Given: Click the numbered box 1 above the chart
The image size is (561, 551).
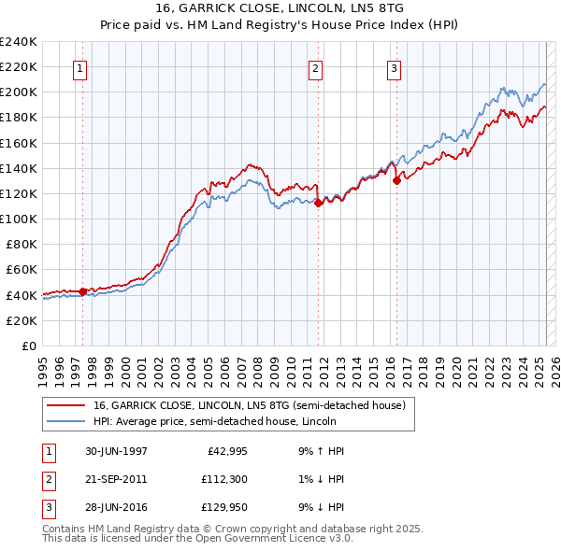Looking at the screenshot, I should [x=79, y=68].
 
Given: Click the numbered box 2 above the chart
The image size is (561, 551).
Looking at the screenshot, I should [x=316, y=68].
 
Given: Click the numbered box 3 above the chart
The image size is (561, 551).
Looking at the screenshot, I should [x=395, y=68].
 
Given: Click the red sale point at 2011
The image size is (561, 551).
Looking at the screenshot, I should [x=318, y=202].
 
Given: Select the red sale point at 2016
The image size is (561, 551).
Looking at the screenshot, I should [x=396, y=180].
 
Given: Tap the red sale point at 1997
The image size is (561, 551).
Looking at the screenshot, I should [x=82, y=290].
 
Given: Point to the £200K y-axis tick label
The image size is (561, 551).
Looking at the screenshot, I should [x=19, y=92].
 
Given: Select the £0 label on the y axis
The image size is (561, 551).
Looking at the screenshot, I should [x=29, y=346].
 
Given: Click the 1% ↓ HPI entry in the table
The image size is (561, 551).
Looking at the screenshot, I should [x=319, y=479].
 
